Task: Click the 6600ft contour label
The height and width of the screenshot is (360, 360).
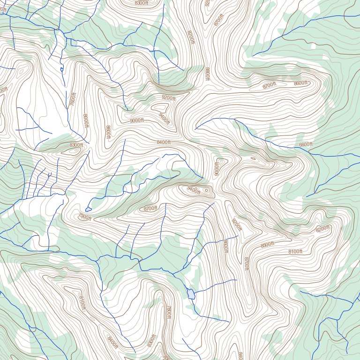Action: coord(306,144)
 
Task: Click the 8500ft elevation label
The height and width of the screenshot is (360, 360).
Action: coord(267,245)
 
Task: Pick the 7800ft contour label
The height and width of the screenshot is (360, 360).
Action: coord(168,312)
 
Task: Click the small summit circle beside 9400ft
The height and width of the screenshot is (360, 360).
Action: coord(206,190)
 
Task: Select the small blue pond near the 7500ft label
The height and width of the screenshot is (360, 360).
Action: coord(88,209)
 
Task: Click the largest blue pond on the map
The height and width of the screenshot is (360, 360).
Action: coord(190,294)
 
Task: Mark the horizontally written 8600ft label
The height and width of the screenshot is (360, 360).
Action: coord(300,83)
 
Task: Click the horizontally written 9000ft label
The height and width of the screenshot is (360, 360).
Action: coord(137,120)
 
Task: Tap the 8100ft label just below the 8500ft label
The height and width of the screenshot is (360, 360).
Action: coord(295,252)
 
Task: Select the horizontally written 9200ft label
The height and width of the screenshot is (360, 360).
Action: coord(168,98)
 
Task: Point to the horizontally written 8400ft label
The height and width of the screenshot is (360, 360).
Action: coord(164,142)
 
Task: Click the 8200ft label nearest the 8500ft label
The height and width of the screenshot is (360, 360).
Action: coord(323,229)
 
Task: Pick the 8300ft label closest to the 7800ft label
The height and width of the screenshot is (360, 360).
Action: coord(151,340)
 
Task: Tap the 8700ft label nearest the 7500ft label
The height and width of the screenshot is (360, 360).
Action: coord(150,208)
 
